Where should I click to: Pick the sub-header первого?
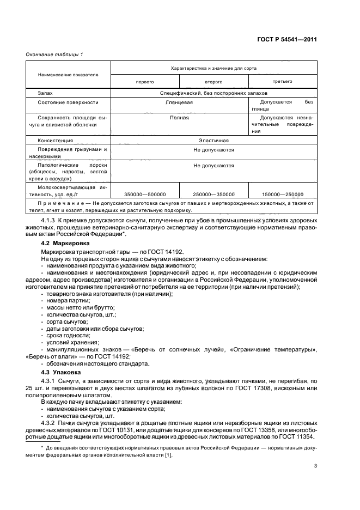coord(145,82)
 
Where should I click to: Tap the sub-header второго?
coord(213,82)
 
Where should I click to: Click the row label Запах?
coord(46,93)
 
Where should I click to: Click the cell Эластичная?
coord(213,140)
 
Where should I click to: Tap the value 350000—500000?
coord(145,194)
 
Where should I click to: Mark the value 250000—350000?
coord(213,194)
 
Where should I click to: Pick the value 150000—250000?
coord(282,194)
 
